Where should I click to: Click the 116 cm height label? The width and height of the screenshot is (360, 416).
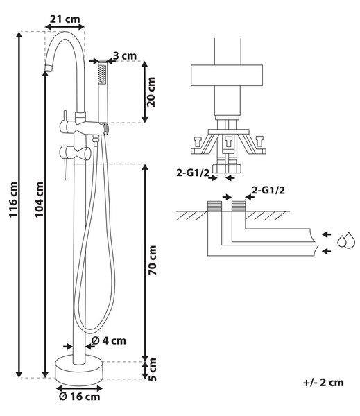pyautogui.click(x=13, y=200)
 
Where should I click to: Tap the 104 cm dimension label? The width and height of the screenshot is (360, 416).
pyautogui.click(x=40, y=200)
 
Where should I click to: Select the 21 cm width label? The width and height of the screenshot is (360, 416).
pyautogui.click(x=65, y=19)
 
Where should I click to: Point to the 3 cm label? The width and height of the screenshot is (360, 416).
pyautogui.click(x=125, y=56)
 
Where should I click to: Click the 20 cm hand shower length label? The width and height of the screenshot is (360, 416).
pyautogui.click(x=152, y=92)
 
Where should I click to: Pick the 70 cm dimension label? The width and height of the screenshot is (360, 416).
pyautogui.click(x=153, y=260)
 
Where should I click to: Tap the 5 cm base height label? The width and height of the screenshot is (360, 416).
pyautogui.click(x=153, y=370)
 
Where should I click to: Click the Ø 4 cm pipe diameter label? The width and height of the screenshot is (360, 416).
pyautogui.click(x=109, y=340)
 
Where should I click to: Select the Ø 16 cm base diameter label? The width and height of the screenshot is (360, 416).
pyautogui.click(x=79, y=397)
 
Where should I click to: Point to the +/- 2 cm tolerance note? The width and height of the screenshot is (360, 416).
pyautogui.click(x=323, y=382)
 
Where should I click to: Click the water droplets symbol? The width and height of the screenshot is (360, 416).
pyautogui.click(x=345, y=241)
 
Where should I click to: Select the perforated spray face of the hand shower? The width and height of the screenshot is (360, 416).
pyautogui.click(x=102, y=74)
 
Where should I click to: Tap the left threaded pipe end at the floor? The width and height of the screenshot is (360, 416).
pyautogui.click(x=214, y=206)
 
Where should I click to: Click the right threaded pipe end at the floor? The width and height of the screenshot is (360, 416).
pyautogui.click(x=239, y=206)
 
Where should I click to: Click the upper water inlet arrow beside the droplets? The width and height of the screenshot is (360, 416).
pyautogui.click(x=327, y=234)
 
